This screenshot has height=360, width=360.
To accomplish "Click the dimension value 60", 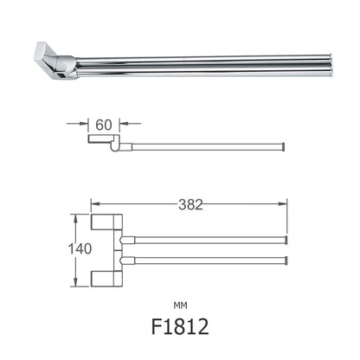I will (104, 123).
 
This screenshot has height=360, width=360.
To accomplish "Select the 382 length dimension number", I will (191, 204).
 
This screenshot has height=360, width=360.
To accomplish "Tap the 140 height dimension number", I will (78, 248).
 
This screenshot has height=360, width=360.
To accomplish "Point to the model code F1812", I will (179, 327).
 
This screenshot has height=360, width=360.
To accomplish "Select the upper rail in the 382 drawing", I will (203, 239).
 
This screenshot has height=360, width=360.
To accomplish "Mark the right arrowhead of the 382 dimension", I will (284, 206).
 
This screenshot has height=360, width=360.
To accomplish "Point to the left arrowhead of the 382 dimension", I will (94, 206).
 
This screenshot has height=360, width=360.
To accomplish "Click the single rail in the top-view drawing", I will (208, 145).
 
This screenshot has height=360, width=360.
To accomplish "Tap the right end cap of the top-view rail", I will (286, 145).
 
